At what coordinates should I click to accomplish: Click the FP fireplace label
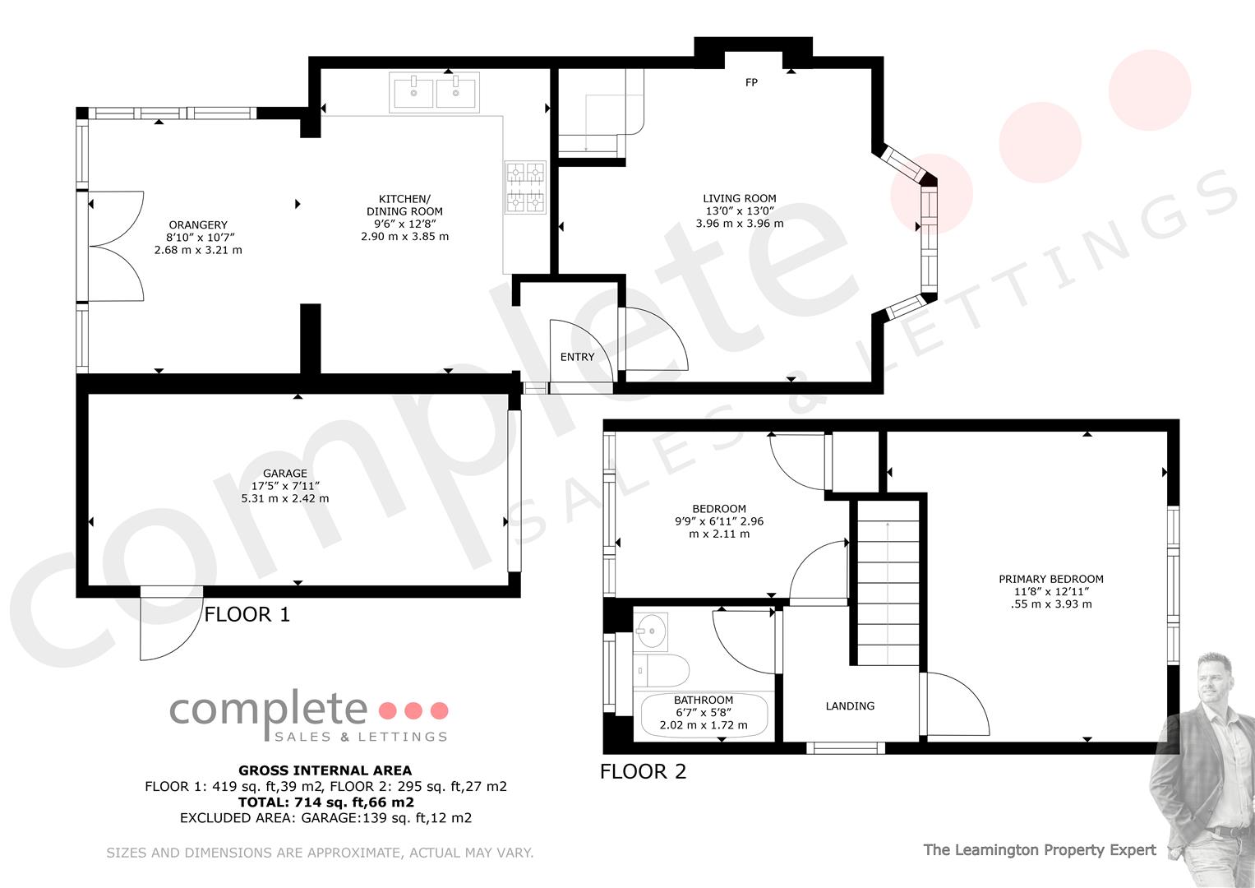pos(751,82)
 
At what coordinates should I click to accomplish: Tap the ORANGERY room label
pos(198,224)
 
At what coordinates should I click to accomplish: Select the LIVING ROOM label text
pos(740,198)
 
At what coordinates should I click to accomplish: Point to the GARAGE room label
pos(284,473)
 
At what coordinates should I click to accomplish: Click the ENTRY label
pos(577,357)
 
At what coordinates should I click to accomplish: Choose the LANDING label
pos(850,706)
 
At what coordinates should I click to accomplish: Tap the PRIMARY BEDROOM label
pos(1051,579)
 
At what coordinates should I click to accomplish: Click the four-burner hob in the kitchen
pos(525,187)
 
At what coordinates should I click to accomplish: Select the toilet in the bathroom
pos(661,670)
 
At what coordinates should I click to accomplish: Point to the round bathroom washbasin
pos(651,631)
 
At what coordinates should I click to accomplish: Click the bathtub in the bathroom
pos(704,715)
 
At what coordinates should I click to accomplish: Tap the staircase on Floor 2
pos(888,583)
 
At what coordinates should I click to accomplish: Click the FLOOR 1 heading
pos(247,614)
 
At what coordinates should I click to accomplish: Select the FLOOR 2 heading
pos(644,771)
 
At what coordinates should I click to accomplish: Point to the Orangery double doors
pos(116,246)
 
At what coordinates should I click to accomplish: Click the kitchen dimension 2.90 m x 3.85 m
pos(404,237)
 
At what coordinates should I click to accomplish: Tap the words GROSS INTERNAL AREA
pos(325,770)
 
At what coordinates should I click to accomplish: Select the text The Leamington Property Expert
pos(1040,850)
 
